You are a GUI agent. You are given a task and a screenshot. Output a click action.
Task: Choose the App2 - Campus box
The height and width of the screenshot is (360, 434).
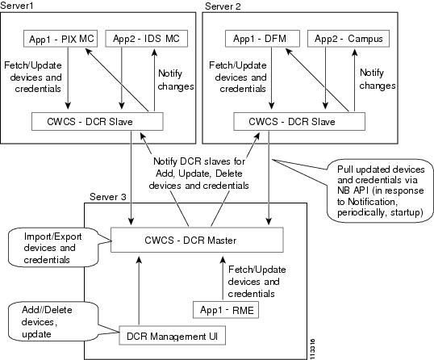tap(347, 37)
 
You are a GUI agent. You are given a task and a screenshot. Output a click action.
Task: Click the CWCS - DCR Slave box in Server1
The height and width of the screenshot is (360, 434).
tap(98, 121)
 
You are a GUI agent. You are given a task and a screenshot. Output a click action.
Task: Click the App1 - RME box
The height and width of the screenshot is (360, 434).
tap(222, 308)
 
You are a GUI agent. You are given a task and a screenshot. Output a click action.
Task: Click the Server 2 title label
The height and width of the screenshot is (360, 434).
tap(223, 6)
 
